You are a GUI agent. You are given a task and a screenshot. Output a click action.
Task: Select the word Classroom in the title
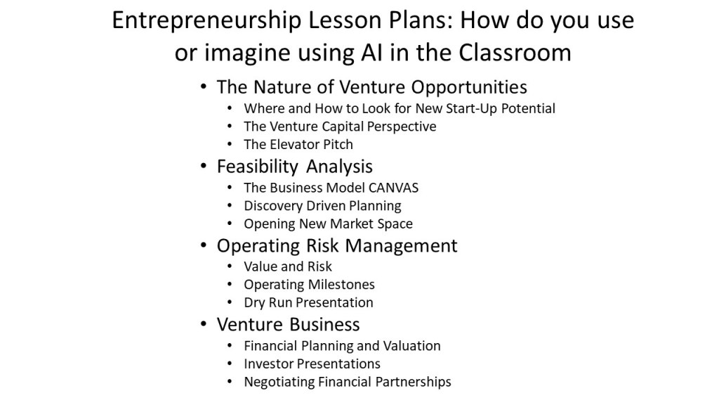point(515,52)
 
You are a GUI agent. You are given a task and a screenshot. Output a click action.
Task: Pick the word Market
point(351,224)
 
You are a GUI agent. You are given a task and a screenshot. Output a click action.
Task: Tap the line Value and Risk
point(287,266)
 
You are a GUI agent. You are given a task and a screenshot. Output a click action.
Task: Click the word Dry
point(254,303)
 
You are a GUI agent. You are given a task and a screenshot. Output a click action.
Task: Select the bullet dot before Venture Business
point(204,324)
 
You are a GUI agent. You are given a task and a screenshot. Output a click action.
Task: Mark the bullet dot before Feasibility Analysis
point(204,166)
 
